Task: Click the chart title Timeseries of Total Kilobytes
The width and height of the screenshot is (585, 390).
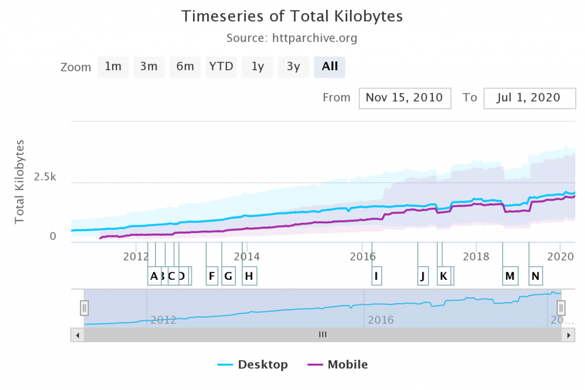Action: pyautogui.click(x=292, y=16)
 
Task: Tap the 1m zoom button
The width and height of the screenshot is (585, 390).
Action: pyautogui.click(x=113, y=66)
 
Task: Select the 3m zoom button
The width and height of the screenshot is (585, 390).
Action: pyautogui.click(x=149, y=66)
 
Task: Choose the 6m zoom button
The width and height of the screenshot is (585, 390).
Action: pyautogui.click(x=185, y=66)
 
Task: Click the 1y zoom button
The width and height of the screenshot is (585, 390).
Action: pyautogui.click(x=258, y=66)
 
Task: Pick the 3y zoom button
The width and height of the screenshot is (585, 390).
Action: pyautogui.click(x=293, y=66)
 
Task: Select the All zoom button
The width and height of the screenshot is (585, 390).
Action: pyautogui.click(x=330, y=66)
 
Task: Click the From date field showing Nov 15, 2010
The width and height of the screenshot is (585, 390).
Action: pyautogui.click(x=404, y=98)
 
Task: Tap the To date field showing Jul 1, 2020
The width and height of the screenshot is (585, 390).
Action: pyautogui.click(x=530, y=98)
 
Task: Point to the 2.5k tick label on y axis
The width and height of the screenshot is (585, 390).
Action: pyautogui.click(x=45, y=177)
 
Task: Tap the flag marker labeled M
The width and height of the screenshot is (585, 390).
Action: pyautogui.click(x=510, y=276)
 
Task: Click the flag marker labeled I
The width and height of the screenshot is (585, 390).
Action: pyautogui.click(x=376, y=276)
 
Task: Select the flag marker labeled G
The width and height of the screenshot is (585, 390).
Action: pyautogui.click(x=228, y=276)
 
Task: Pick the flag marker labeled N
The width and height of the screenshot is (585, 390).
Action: pyautogui.click(x=535, y=276)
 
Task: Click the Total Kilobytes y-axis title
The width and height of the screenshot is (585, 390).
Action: pyautogui.click(x=19, y=181)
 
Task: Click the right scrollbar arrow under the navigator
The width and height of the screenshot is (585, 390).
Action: pyautogui.click(x=567, y=335)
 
